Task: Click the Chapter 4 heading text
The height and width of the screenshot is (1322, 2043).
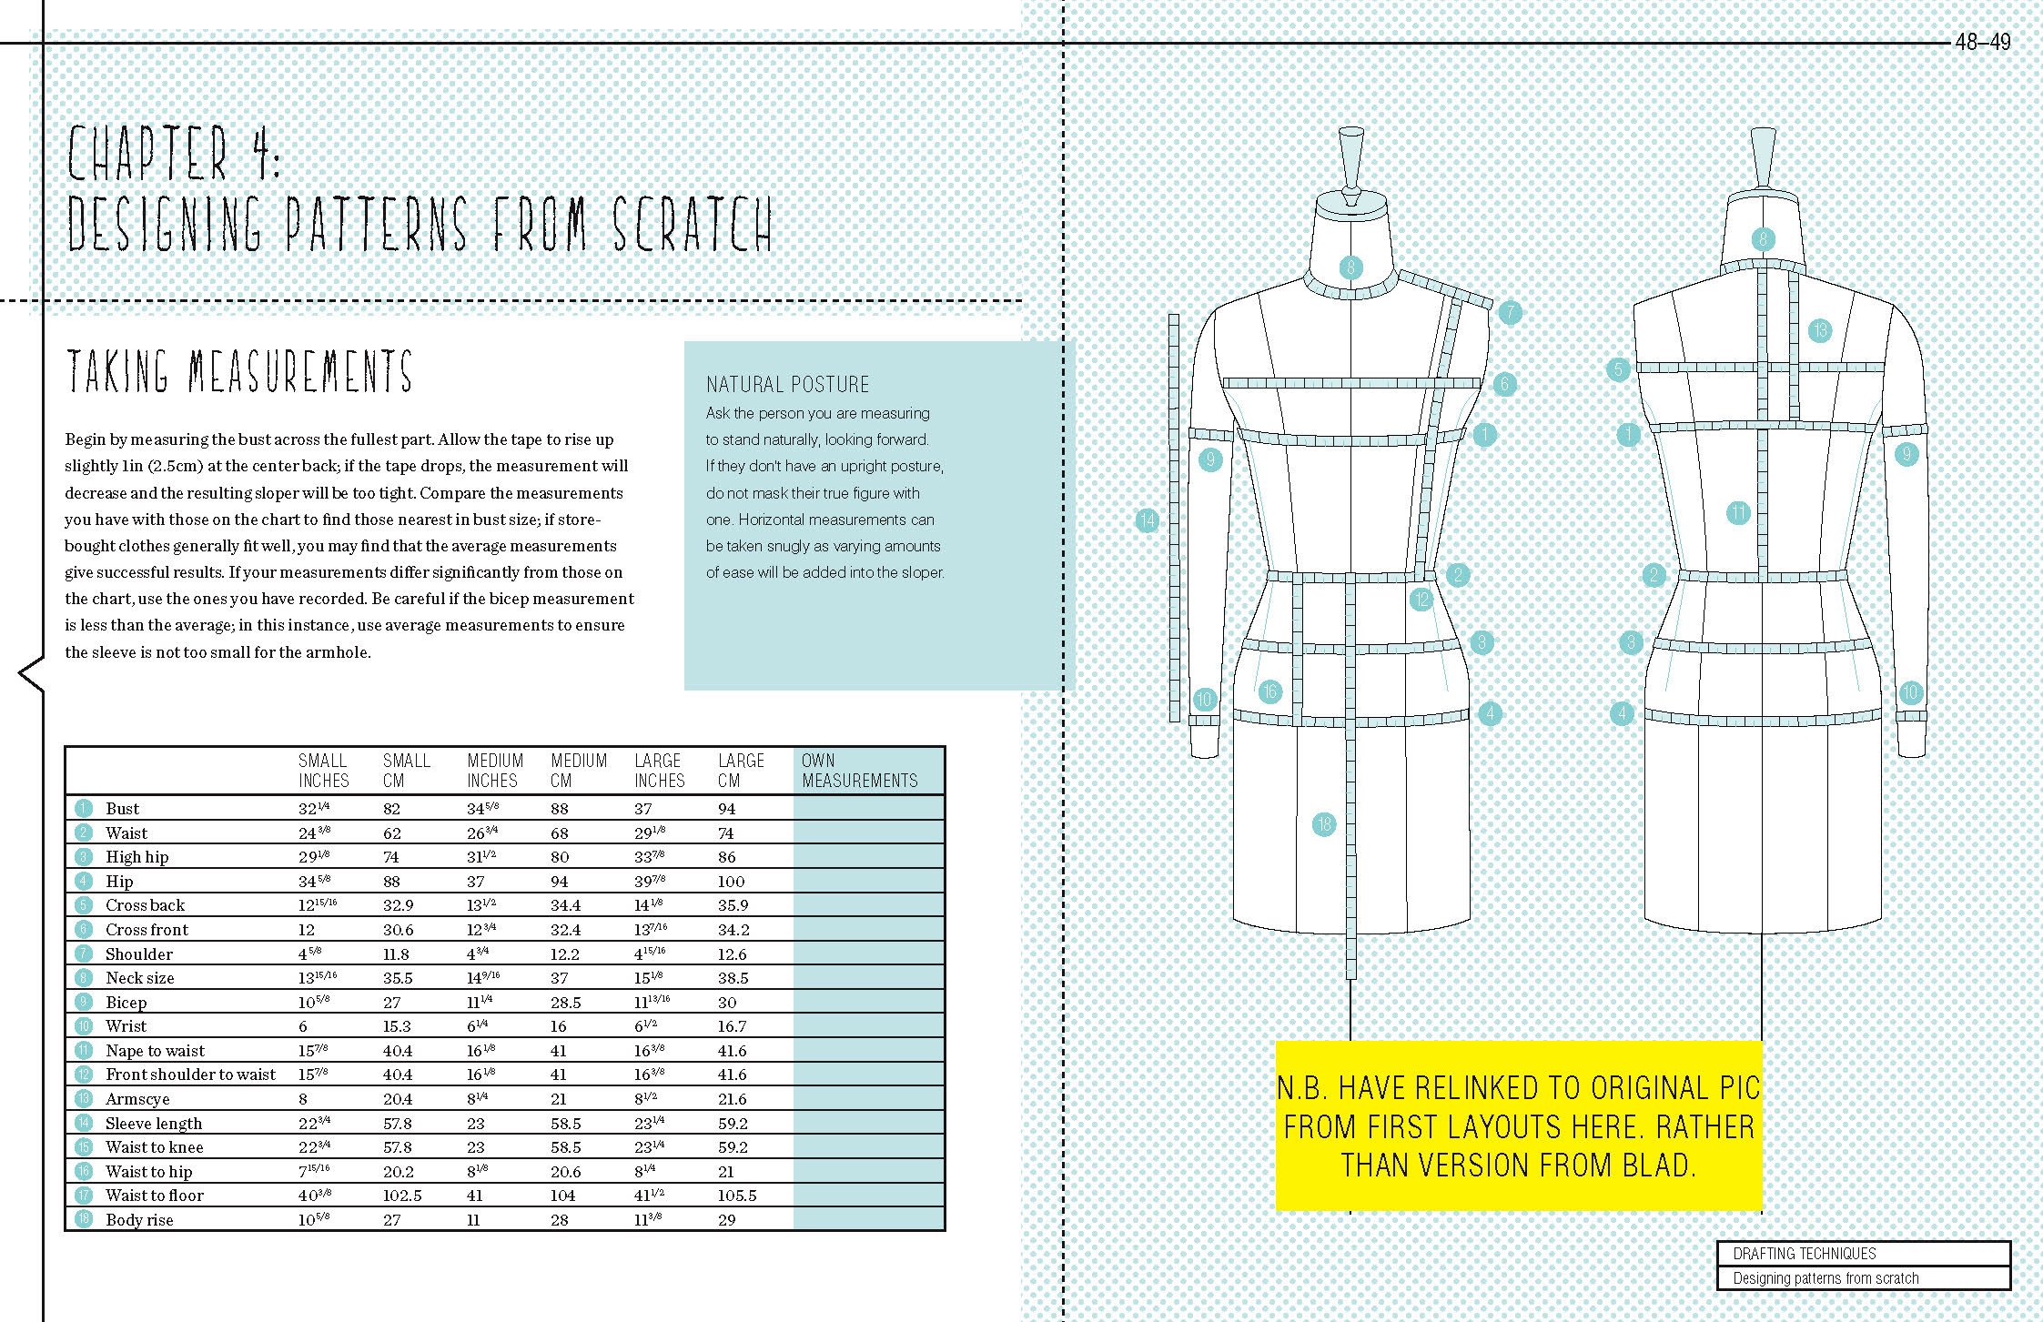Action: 175,155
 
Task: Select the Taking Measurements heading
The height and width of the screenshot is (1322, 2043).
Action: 239,372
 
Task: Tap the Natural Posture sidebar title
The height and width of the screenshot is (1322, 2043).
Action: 787,384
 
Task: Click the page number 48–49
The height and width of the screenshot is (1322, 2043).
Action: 1982,42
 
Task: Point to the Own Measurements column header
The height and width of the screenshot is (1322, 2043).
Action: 858,771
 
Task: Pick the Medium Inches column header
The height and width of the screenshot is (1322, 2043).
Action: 495,771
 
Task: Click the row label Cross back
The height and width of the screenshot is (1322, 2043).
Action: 145,905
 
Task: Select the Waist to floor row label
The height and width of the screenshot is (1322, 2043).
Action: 154,1196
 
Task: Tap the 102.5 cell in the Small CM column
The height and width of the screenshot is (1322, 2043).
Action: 401,1196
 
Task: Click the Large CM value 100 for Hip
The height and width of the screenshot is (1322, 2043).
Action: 731,882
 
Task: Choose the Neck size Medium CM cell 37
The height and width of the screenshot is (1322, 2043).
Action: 559,978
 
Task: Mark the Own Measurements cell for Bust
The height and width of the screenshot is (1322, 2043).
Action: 868,809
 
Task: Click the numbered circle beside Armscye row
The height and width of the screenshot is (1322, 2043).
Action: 84,1099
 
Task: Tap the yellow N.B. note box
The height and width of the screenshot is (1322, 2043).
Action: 1518,1125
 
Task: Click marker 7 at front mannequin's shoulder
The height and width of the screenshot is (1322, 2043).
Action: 1510,312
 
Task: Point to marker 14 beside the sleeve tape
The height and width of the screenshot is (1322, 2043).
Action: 1147,520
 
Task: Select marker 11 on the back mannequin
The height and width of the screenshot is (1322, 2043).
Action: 1738,513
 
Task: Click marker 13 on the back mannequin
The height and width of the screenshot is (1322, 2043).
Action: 1819,330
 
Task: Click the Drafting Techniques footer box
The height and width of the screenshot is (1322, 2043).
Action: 1863,1254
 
